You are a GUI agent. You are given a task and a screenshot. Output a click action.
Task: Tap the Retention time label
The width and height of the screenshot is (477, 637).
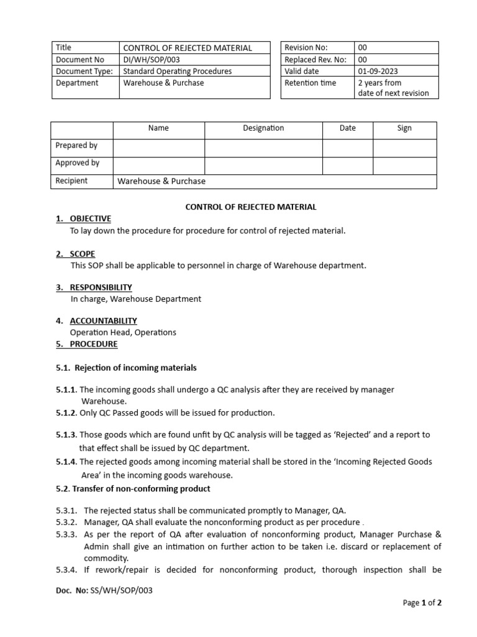coord(310,83)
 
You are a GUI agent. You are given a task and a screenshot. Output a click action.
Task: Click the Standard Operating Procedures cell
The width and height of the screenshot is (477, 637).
coord(177,72)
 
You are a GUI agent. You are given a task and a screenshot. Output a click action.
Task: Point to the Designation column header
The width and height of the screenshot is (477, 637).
coord(263,128)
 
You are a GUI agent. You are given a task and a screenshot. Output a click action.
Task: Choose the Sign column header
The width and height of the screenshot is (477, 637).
coord(404,128)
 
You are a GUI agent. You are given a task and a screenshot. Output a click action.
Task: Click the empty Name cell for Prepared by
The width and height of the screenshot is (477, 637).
coord(158,147)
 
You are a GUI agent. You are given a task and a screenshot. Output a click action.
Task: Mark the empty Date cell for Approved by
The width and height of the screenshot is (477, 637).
coord(347,165)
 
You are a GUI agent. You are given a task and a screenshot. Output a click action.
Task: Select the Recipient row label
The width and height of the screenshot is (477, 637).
coord(71,181)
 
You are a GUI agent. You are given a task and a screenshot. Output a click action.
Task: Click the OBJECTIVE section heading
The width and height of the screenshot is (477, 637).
coord(90,218)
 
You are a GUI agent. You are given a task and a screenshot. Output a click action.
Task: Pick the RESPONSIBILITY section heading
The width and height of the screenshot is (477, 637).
coord(101,287)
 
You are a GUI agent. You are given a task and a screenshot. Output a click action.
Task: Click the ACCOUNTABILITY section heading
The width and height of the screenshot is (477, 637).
coord(103,321)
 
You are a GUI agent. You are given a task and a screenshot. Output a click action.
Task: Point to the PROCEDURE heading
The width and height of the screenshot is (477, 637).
coord(93,344)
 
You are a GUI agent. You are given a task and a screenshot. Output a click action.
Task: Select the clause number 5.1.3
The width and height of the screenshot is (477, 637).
coord(66,435)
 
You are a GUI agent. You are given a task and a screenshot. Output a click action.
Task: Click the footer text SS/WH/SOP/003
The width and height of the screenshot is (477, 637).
coord(122,590)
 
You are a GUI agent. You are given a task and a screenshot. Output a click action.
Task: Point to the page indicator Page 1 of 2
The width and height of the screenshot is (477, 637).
coord(422,603)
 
